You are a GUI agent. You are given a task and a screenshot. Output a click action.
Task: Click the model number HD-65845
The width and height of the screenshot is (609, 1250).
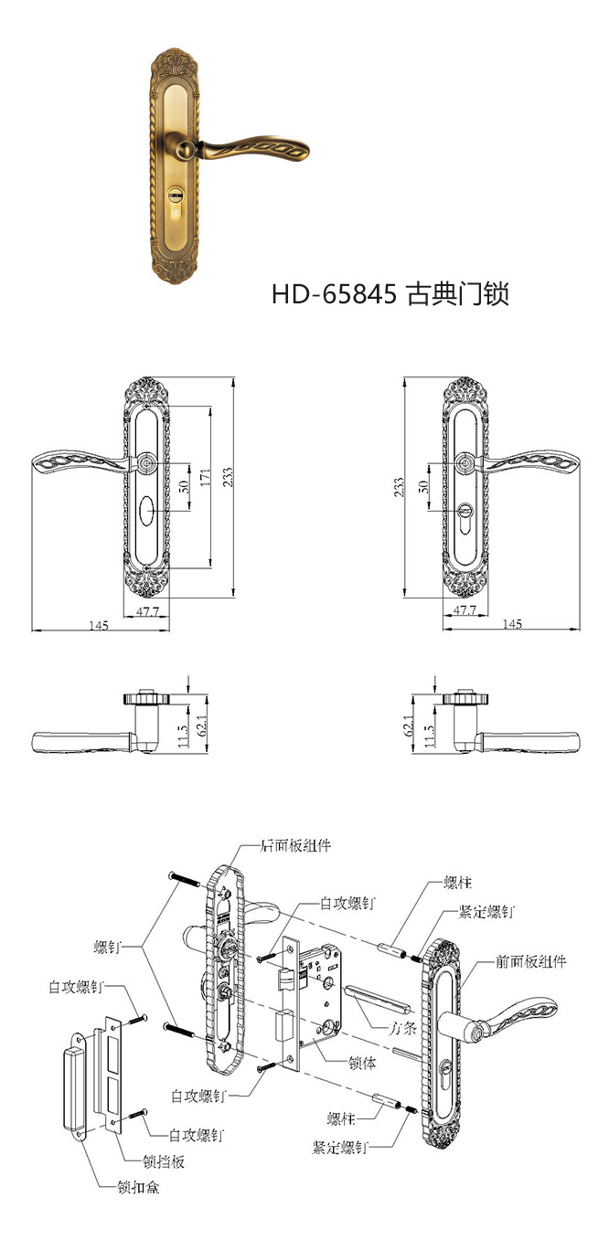(333, 294)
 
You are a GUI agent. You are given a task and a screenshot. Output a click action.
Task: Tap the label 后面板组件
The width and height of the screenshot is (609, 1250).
(295, 845)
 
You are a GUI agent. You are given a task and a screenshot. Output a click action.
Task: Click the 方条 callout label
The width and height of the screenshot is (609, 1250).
(402, 1027)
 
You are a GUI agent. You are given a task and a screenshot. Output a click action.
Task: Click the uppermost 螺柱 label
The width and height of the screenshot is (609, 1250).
(458, 884)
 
